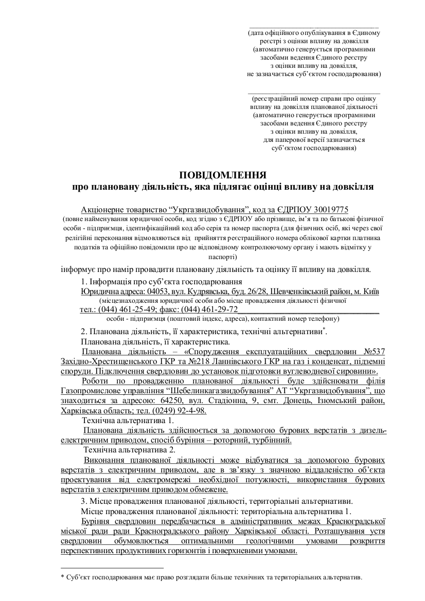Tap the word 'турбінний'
(x=272, y=440)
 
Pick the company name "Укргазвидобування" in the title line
(x=208, y=210)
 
